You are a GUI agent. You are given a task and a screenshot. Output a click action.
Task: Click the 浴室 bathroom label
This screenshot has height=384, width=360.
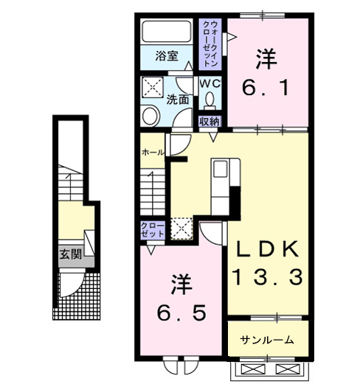point(167,55)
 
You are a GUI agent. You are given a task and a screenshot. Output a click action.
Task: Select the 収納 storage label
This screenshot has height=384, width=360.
point(210,122)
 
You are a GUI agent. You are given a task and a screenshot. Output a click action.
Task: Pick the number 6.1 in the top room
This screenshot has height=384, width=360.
point(266,89)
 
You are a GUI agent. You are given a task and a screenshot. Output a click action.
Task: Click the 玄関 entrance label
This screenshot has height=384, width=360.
point(71,257)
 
